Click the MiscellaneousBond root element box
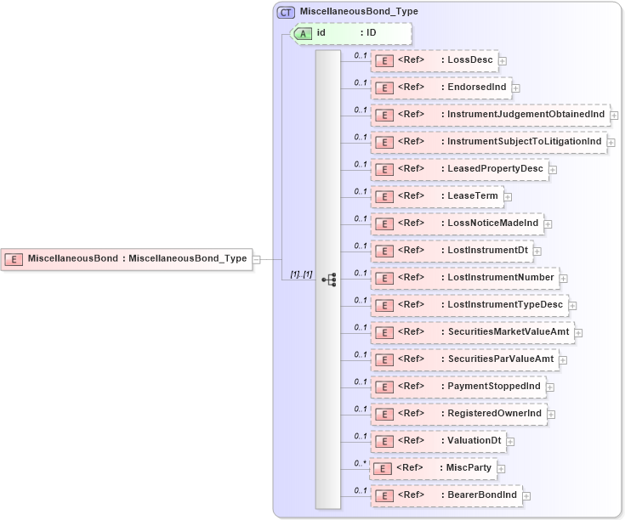128,258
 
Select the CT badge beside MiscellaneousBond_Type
286,12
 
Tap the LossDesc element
434,60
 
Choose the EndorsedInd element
440,88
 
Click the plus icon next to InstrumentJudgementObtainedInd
614,115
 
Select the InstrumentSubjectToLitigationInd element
489,142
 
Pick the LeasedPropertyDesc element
458,169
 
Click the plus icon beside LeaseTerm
508,196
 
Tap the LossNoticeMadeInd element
456,223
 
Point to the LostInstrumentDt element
451,251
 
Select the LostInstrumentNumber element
463,278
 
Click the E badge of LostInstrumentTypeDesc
384,305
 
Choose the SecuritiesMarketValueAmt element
471,332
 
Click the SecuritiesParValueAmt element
463,359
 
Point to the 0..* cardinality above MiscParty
361,462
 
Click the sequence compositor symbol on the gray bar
328,279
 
